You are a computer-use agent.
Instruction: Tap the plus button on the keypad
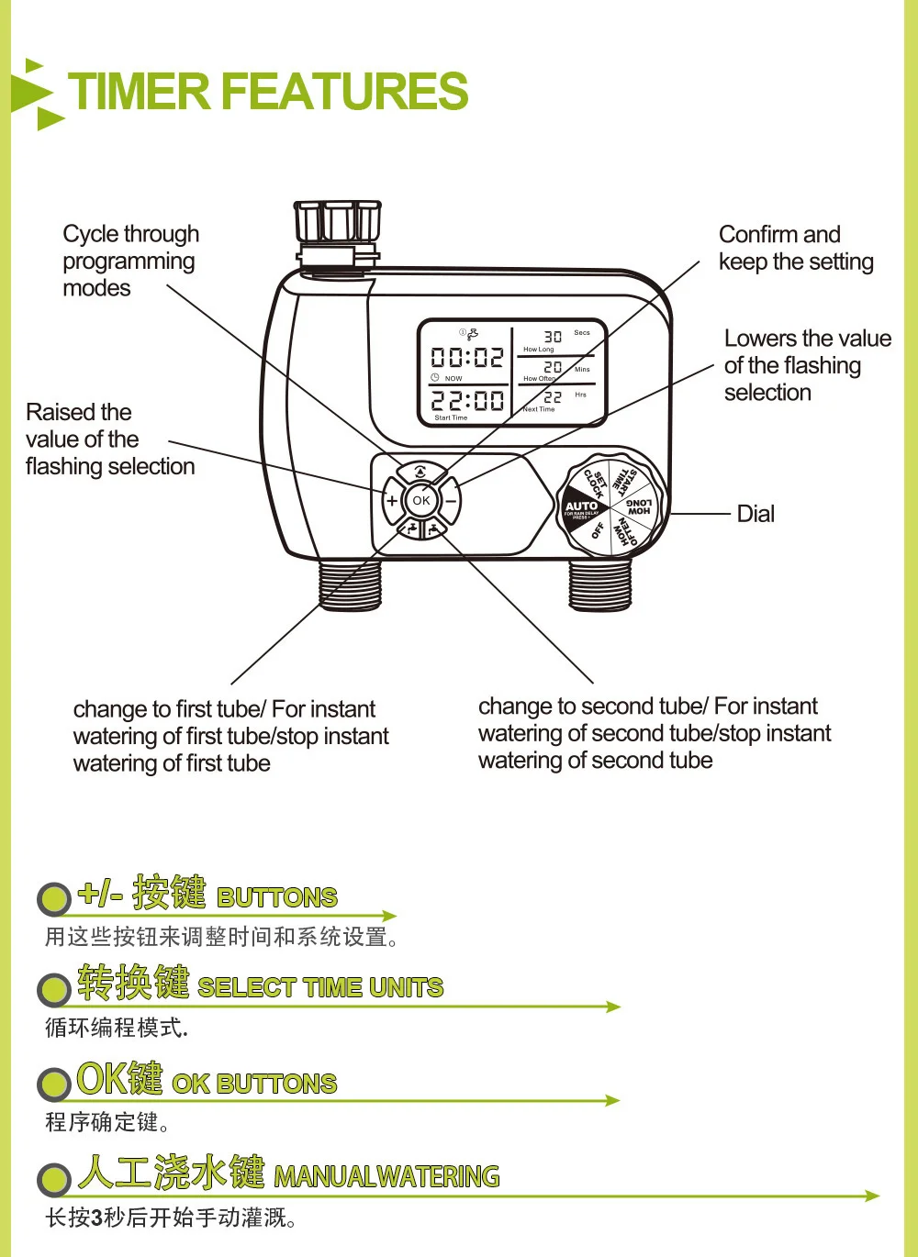click(x=392, y=501)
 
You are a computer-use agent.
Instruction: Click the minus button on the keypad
click(x=451, y=502)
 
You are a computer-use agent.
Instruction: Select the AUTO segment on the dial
click(x=581, y=507)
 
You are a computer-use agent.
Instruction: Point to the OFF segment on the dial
click(x=598, y=530)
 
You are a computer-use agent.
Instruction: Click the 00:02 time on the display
click(x=467, y=357)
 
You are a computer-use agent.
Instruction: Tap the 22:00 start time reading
click(x=467, y=401)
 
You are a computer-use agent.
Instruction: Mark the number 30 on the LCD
click(x=553, y=337)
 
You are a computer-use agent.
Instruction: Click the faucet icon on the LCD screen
click(x=472, y=334)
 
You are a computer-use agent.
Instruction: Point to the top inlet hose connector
click(x=337, y=225)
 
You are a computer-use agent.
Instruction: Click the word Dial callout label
click(x=756, y=514)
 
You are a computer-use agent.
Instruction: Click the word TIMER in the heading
click(x=140, y=92)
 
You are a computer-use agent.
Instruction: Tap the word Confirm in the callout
click(x=754, y=235)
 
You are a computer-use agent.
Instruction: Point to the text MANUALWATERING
click(x=386, y=1176)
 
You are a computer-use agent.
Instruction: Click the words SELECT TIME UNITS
click(x=320, y=987)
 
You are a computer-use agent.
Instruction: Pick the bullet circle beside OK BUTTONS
click(x=54, y=1085)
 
